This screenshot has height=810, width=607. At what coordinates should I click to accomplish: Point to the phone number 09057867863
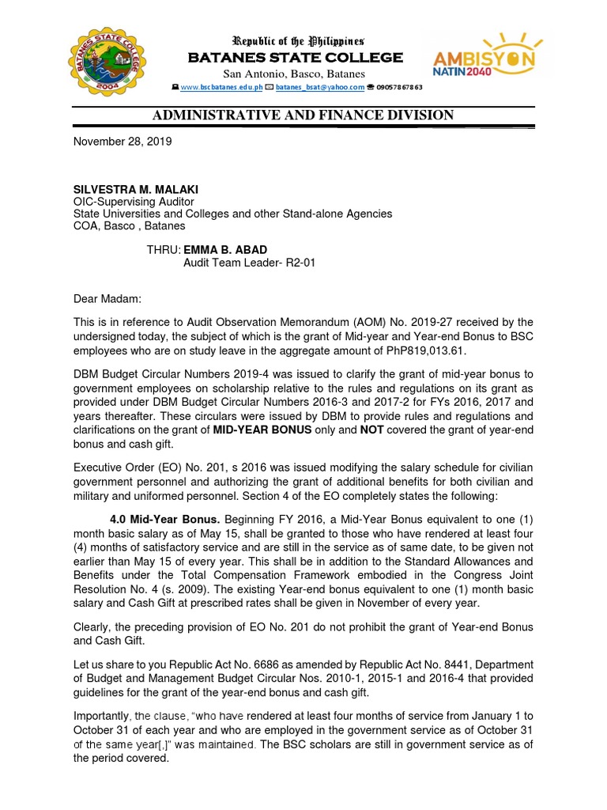(x=400, y=87)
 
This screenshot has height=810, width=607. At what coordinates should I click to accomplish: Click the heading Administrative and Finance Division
(x=303, y=115)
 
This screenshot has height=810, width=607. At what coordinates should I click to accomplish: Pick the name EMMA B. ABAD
(x=225, y=250)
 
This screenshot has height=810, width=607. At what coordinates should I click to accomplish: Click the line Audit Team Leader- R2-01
(x=249, y=263)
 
